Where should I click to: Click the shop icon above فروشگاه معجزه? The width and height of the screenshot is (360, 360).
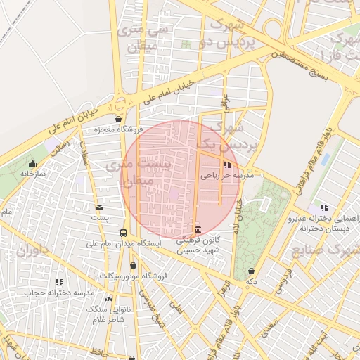(117, 119)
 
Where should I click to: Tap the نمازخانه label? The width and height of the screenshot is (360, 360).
(32, 173)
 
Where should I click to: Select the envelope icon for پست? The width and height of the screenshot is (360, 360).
(99, 207)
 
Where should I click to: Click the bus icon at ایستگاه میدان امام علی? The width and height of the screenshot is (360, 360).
(124, 233)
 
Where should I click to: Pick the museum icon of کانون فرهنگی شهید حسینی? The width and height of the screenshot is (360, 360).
(198, 230)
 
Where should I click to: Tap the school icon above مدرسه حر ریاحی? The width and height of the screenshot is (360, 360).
(226, 165)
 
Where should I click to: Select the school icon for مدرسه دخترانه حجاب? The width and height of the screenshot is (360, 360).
(59, 282)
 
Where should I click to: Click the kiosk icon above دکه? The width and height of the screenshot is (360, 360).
(251, 271)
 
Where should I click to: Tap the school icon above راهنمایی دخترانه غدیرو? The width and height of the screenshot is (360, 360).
(323, 207)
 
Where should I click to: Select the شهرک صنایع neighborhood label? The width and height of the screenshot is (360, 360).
(332, 250)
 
